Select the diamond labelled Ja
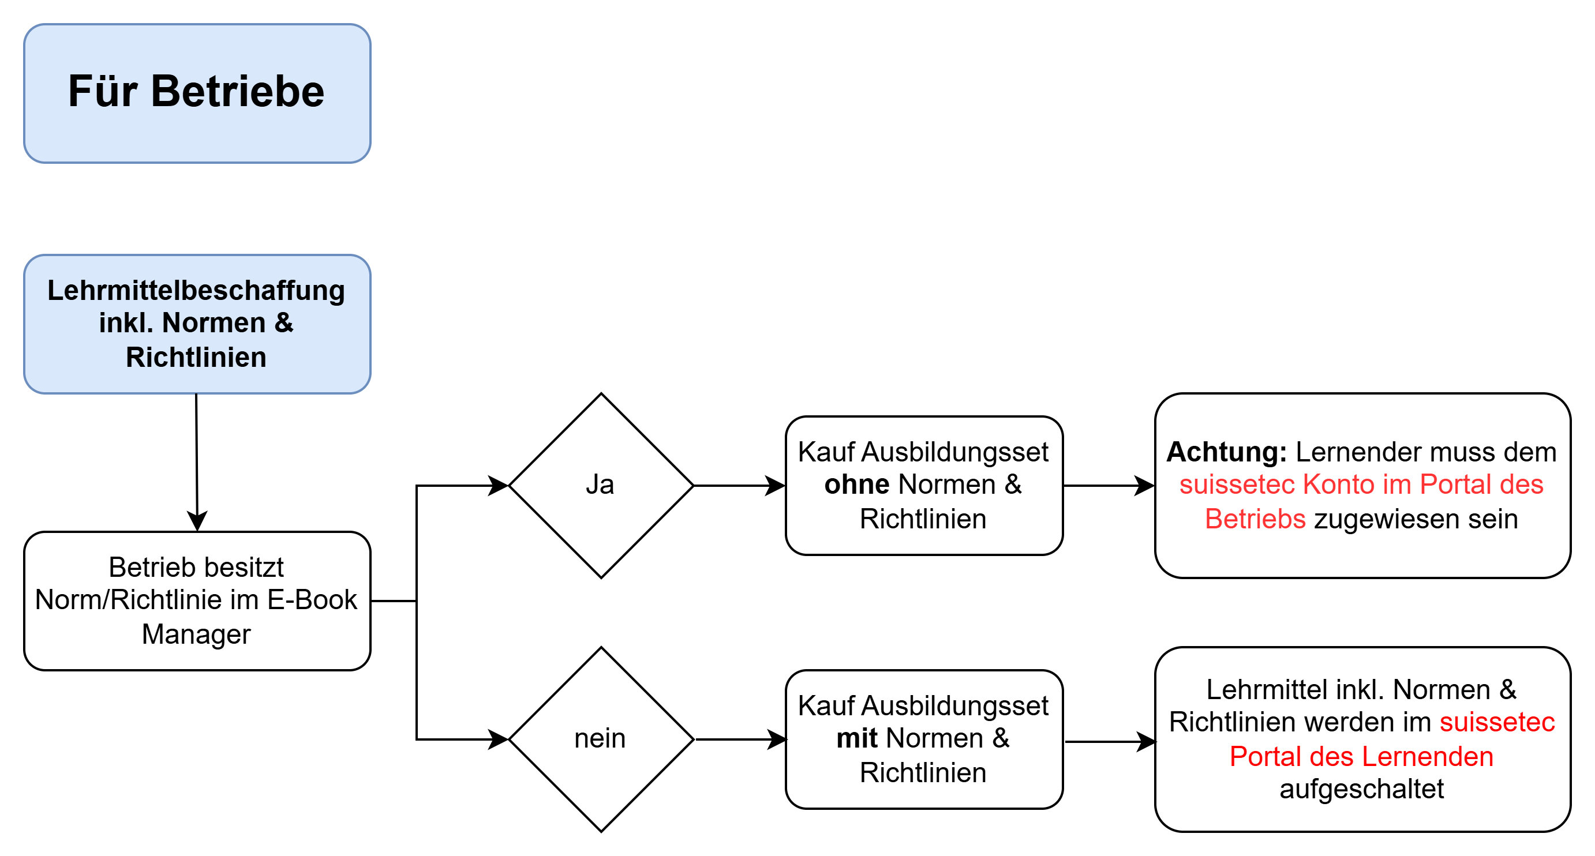click(x=601, y=485)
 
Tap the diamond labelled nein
click(x=601, y=738)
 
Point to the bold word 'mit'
click(x=857, y=738)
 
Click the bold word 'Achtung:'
click(x=1226, y=452)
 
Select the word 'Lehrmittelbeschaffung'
click(x=196, y=290)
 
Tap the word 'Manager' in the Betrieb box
click(x=196, y=635)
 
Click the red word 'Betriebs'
click(x=1255, y=519)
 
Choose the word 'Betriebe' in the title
click(x=237, y=92)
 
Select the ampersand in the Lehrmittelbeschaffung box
click(x=284, y=323)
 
